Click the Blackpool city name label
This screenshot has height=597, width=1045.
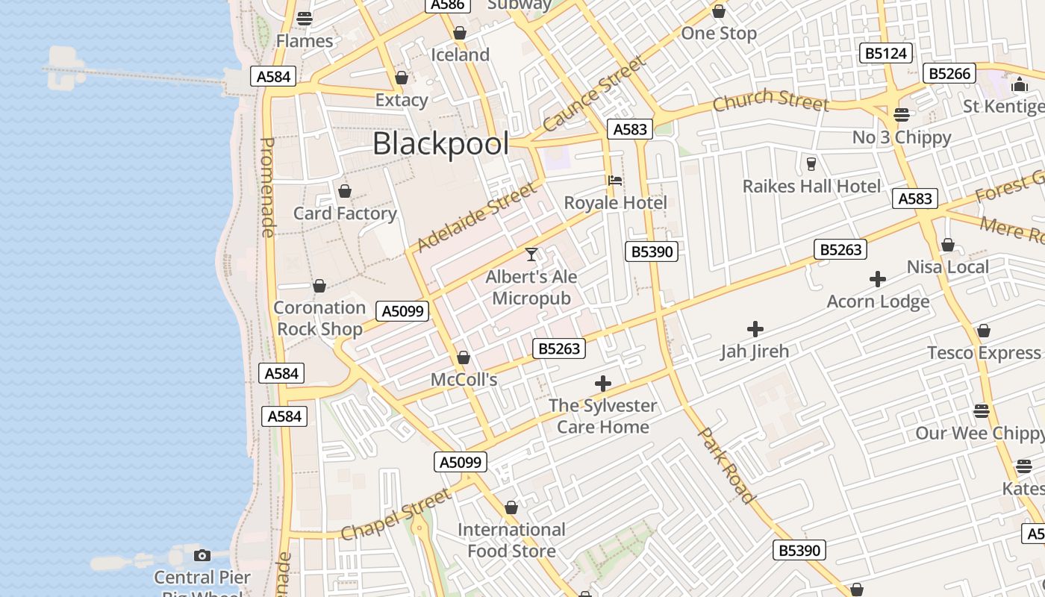(x=440, y=143)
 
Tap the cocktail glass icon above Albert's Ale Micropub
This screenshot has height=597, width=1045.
(x=531, y=254)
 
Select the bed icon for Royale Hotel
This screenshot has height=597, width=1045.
(x=615, y=180)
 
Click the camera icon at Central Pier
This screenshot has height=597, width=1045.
(x=202, y=555)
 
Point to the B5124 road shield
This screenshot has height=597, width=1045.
(x=886, y=54)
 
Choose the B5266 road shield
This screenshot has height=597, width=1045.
(x=949, y=73)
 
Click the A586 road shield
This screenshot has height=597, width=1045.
(x=448, y=4)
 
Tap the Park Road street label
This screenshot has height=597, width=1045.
(x=726, y=465)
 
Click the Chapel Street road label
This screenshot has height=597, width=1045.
(x=396, y=514)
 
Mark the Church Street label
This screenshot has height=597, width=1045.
(x=770, y=101)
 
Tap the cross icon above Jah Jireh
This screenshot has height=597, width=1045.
(x=755, y=328)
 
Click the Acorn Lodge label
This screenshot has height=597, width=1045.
(x=878, y=301)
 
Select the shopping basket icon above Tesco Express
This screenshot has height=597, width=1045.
(x=984, y=331)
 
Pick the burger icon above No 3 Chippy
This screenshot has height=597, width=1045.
(x=902, y=115)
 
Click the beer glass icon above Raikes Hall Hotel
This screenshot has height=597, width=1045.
(x=811, y=163)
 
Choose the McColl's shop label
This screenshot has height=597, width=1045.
(x=464, y=380)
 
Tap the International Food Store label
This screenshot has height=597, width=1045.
(x=511, y=540)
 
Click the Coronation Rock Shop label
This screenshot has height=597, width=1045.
(x=319, y=318)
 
